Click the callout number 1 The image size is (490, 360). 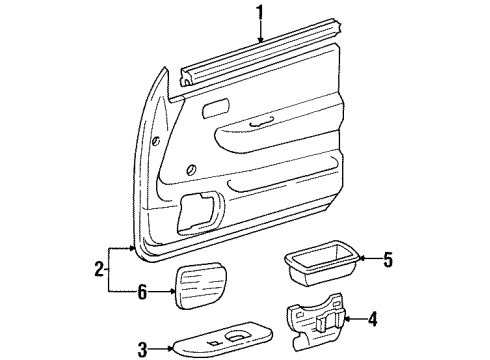(x=263, y=14)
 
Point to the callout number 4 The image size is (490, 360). (x=373, y=320)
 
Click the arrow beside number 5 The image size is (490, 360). (x=365, y=258)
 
